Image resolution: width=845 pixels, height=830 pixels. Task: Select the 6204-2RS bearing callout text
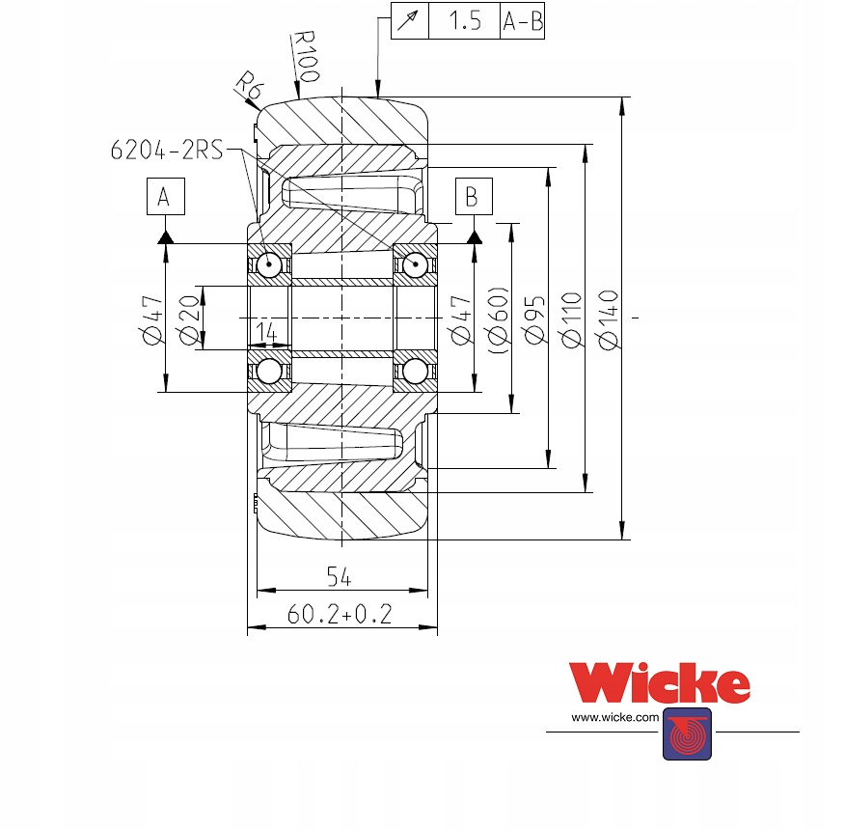167,149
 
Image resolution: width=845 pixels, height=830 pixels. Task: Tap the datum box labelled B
472,196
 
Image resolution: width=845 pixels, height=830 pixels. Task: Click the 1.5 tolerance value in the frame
465,21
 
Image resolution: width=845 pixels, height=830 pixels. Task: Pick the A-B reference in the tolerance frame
523,21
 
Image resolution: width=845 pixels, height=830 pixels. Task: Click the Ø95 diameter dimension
536,318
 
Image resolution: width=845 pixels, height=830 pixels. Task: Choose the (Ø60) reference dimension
499,318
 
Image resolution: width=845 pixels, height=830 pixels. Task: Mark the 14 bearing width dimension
268,333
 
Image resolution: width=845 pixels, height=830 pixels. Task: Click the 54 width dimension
339,577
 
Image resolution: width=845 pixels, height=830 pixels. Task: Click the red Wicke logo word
660,683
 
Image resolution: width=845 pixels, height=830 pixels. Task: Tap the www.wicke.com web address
614,718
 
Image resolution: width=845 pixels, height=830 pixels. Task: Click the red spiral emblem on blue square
687,733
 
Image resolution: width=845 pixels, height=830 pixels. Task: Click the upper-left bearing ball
269,264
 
